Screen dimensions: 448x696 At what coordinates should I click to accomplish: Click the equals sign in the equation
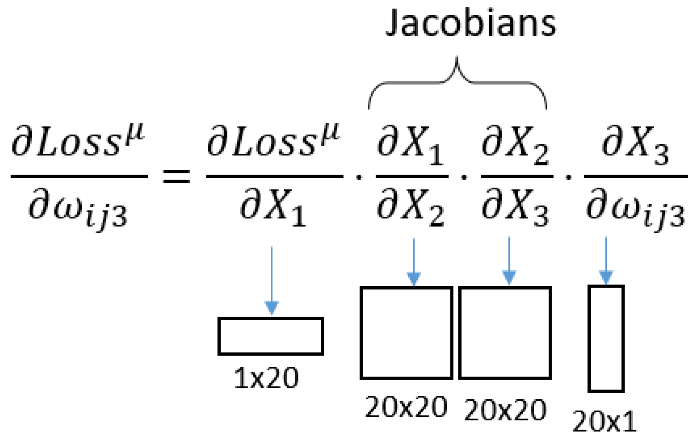pos(177,176)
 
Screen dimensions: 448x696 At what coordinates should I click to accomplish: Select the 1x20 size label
pos(266,378)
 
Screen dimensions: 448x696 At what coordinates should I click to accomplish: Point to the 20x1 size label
pos(605,421)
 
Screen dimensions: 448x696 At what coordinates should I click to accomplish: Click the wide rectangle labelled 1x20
pos(271,336)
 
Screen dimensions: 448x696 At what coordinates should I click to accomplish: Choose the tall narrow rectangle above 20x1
pos(606,339)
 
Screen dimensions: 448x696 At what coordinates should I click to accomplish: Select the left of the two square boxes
pos(406,333)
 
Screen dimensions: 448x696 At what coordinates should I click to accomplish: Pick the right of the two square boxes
pos(505,333)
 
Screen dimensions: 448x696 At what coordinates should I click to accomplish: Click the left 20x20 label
pos(406,407)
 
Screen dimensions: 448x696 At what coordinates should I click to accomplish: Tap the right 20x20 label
pos(505,409)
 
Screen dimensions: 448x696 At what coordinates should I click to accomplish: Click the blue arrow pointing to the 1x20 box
pos(272,280)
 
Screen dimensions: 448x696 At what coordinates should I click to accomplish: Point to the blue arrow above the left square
pos(414,262)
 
